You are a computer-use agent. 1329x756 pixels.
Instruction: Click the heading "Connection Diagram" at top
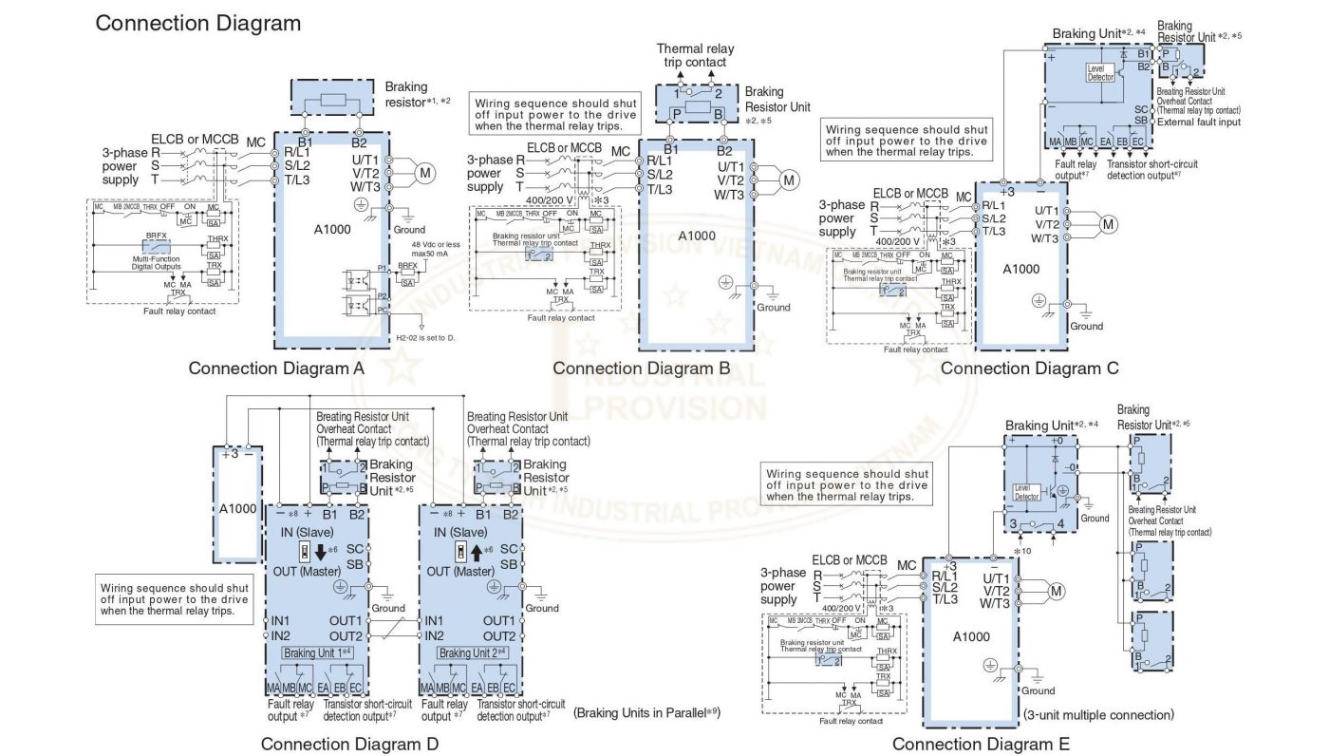click(x=198, y=23)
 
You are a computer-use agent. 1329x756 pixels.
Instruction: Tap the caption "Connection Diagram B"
click(x=641, y=369)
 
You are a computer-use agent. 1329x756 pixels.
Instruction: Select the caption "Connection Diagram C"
click(x=1029, y=369)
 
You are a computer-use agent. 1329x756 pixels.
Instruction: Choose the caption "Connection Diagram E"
click(x=981, y=745)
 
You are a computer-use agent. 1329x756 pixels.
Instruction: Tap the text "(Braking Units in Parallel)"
click(x=646, y=710)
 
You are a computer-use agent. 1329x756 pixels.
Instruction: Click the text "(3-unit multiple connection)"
click(x=1098, y=714)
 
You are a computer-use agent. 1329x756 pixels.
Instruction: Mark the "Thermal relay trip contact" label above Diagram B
click(x=691, y=55)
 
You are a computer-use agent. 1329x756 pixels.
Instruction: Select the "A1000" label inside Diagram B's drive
click(x=697, y=236)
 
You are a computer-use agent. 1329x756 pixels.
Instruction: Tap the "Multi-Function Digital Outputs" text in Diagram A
click(x=158, y=262)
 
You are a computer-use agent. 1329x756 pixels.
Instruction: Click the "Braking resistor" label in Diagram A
click(x=408, y=93)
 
